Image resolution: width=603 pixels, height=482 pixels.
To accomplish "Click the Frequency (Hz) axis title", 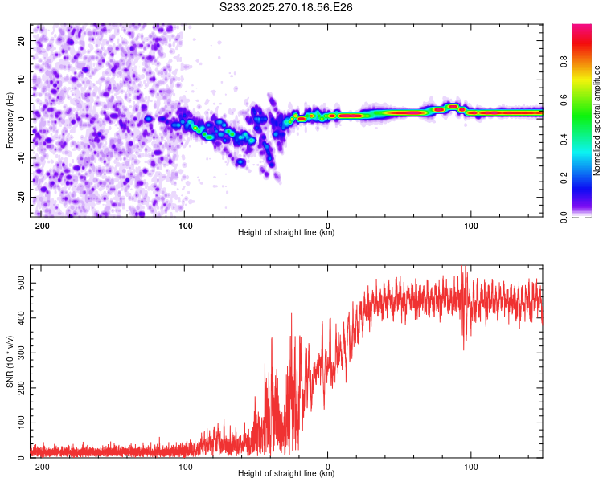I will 10,120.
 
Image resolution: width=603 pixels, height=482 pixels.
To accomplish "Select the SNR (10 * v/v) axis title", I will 10,361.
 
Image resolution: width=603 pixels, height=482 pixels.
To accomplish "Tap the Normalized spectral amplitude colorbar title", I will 597,120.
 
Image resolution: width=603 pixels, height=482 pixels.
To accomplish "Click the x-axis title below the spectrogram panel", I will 286,233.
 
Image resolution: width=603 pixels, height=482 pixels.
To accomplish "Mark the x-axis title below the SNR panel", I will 286,474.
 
